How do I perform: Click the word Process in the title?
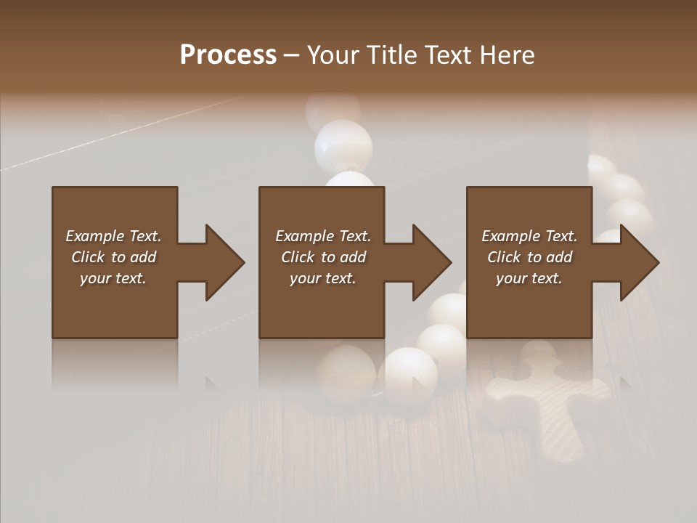(228, 55)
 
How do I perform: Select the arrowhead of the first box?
(222, 262)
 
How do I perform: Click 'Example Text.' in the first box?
(113, 236)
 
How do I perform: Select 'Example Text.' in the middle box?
(323, 236)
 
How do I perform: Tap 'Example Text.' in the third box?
(529, 236)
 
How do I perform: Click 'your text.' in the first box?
(113, 278)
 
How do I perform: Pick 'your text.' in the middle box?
(323, 278)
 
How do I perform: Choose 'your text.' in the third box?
(529, 278)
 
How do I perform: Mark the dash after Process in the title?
(292, 55)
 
